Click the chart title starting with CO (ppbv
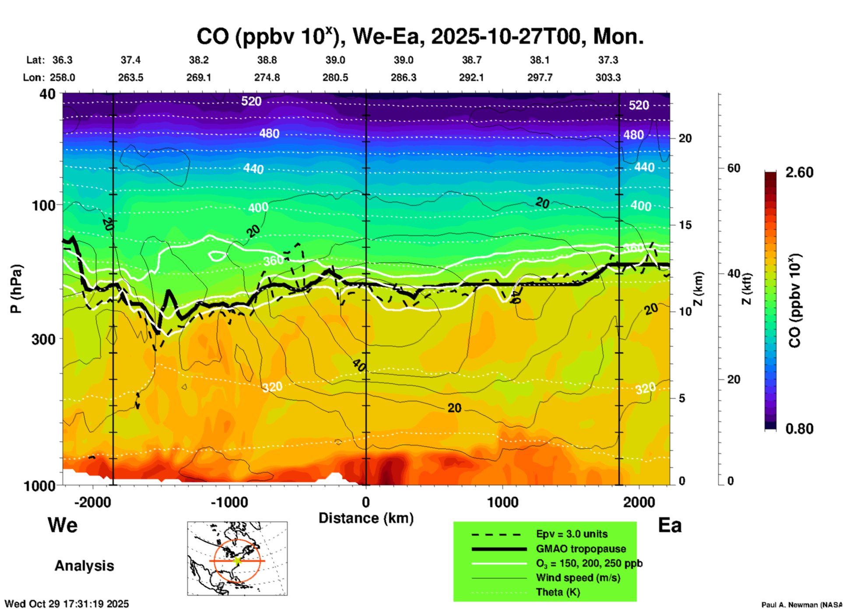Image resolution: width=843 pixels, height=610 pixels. pos(420,36)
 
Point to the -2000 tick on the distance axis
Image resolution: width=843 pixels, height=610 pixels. pos(92,502)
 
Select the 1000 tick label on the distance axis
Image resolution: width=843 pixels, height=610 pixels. pos(502,502)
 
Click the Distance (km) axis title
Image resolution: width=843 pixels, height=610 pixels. pos(366,518)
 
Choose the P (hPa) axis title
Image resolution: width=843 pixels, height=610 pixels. pos(16,289)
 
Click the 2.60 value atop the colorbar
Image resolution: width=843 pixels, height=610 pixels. pos(799,172)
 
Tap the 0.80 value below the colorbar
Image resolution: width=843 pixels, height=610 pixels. pos(799,428)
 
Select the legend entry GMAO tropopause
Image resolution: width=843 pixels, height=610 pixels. pos(581,549)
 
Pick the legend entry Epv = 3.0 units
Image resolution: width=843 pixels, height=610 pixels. pos(572,534)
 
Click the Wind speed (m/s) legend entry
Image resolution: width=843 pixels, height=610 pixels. pos(578,578)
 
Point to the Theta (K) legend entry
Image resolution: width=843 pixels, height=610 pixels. pos(558,592)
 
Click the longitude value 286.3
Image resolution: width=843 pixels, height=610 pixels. pos(403,77)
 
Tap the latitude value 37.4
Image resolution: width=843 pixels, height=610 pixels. pos(130,60)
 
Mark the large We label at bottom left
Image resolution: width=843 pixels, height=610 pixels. pos(63,525)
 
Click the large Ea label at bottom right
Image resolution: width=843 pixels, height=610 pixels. pos(670,525)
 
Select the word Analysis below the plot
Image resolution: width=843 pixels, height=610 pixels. pos(84,565)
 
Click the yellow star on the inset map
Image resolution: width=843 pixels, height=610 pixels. pos(237,561)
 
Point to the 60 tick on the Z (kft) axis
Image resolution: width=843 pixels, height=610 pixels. pos(734,168)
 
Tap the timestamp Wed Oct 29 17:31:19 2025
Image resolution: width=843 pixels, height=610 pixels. pos(67,604)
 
